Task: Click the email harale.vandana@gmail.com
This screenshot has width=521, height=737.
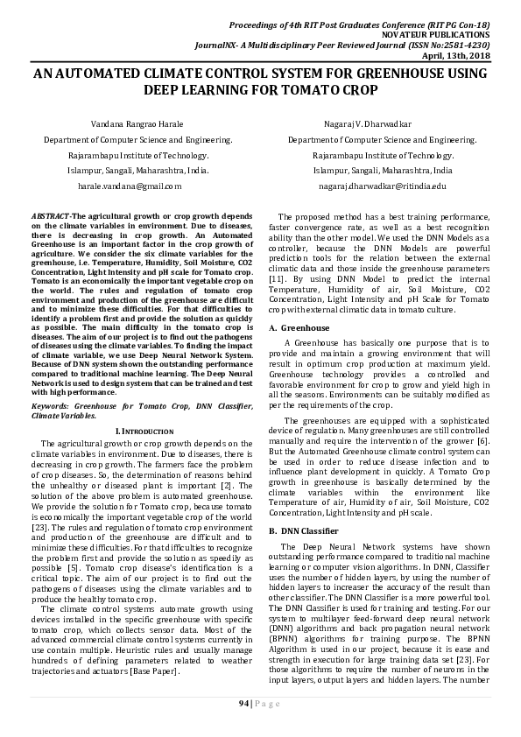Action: click(130, 186)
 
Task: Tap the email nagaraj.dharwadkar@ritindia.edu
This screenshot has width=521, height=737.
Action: click(382, 186)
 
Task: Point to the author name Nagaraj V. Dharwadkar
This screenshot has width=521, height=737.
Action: click(382, 123)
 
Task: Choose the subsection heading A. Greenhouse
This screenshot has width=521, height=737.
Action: click(299, 327)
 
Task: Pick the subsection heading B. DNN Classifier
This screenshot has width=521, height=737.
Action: click(304, 531)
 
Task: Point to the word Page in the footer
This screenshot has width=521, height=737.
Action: click(270, 704)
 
